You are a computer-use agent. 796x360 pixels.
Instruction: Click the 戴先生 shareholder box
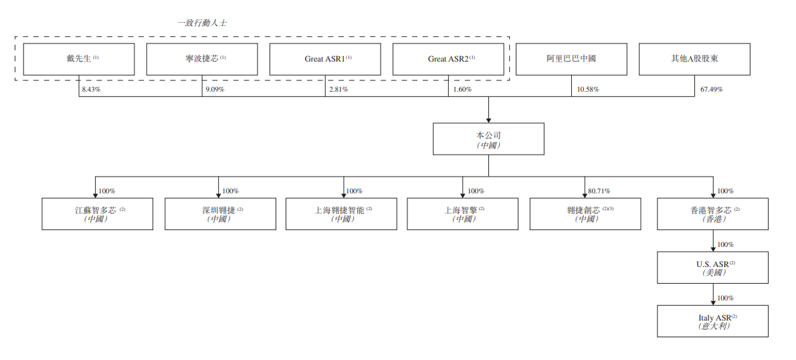(x=79, y=60)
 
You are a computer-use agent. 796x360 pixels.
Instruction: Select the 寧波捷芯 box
(x=202, y=60)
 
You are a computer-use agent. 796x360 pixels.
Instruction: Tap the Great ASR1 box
(x=325, y=60)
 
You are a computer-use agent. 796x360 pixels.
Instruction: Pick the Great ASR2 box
(x=448, y=60)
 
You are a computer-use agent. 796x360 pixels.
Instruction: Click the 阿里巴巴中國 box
(x=572, y=60)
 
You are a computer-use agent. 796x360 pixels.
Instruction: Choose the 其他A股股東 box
(x=694, y=60)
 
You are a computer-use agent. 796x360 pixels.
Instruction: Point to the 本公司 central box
(x=488, y=139)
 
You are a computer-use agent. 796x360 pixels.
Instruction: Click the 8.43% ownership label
(x=92, y=90)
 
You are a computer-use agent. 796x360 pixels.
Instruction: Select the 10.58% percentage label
(x=588, y=90)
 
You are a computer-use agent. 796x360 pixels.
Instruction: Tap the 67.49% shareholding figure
(x=711, y=90)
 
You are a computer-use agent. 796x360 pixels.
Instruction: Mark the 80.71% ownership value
(x=599, y=191)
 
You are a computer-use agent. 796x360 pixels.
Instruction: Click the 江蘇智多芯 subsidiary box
(x=98, y=213)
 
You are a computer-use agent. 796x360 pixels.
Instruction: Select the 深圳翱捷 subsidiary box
(x=220, y=213)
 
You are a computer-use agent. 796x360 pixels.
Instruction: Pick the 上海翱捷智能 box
(x=342, y=213)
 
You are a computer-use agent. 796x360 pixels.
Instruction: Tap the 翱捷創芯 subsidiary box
(x=585, y=213)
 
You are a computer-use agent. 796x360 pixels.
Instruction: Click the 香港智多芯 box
(x=713, y=213)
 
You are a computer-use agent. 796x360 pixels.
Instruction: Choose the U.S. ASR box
(x=713, y=268)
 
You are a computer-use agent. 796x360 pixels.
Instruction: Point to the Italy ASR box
(x=713, y=321)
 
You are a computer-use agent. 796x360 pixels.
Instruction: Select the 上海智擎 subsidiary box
(x=463, y=213)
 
